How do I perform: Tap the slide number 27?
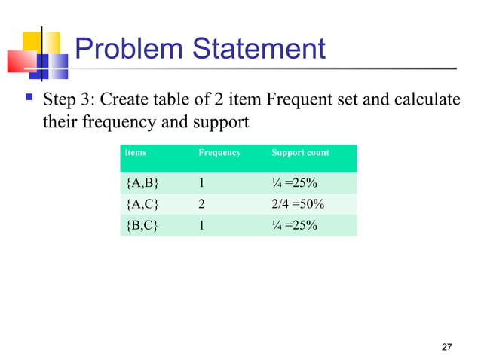pos(446,347)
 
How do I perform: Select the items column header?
pos(136,153)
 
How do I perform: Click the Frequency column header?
pos(219,153)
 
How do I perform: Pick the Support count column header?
pos(300,153)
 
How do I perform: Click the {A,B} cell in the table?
pos(142,183)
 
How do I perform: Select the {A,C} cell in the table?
pos(142,204)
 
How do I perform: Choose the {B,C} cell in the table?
pos(142,224)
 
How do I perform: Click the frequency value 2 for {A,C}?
pos(202,204)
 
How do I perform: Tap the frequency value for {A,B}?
pos(202,183)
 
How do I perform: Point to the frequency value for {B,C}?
pos(202,224)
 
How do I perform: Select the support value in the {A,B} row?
pos(295,183)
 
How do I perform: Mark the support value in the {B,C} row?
pos(295,224)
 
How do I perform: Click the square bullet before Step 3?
pos(28,98)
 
